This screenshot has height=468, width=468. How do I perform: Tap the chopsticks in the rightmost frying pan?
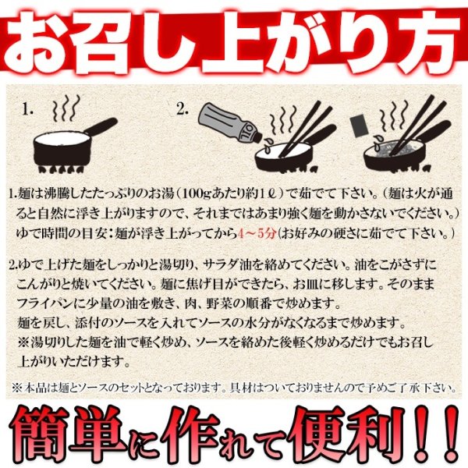coord(421,125)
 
